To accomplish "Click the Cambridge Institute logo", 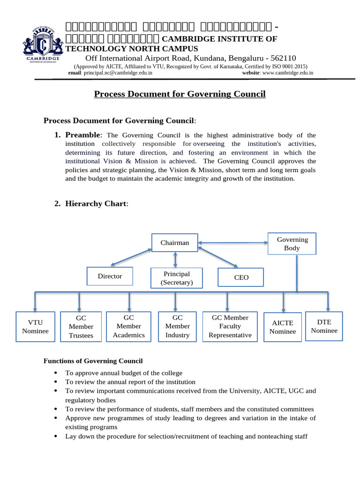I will (43, 44).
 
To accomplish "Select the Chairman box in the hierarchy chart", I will (175, 243).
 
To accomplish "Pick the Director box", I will (110, 276).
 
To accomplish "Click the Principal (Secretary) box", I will (176, 278).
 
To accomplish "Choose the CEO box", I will (241, 277).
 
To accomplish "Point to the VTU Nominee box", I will (35, 327).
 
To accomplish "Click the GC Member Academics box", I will (128, 326).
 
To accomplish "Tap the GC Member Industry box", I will (177, 326).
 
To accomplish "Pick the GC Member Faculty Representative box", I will (230, 326).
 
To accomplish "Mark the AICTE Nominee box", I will (283, 327).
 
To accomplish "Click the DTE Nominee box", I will (324, 326).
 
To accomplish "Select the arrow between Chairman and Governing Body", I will (232, 242).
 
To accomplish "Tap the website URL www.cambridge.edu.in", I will (288, 73).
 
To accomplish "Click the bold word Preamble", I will (82, 135).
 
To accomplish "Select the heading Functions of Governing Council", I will (93, 361).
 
